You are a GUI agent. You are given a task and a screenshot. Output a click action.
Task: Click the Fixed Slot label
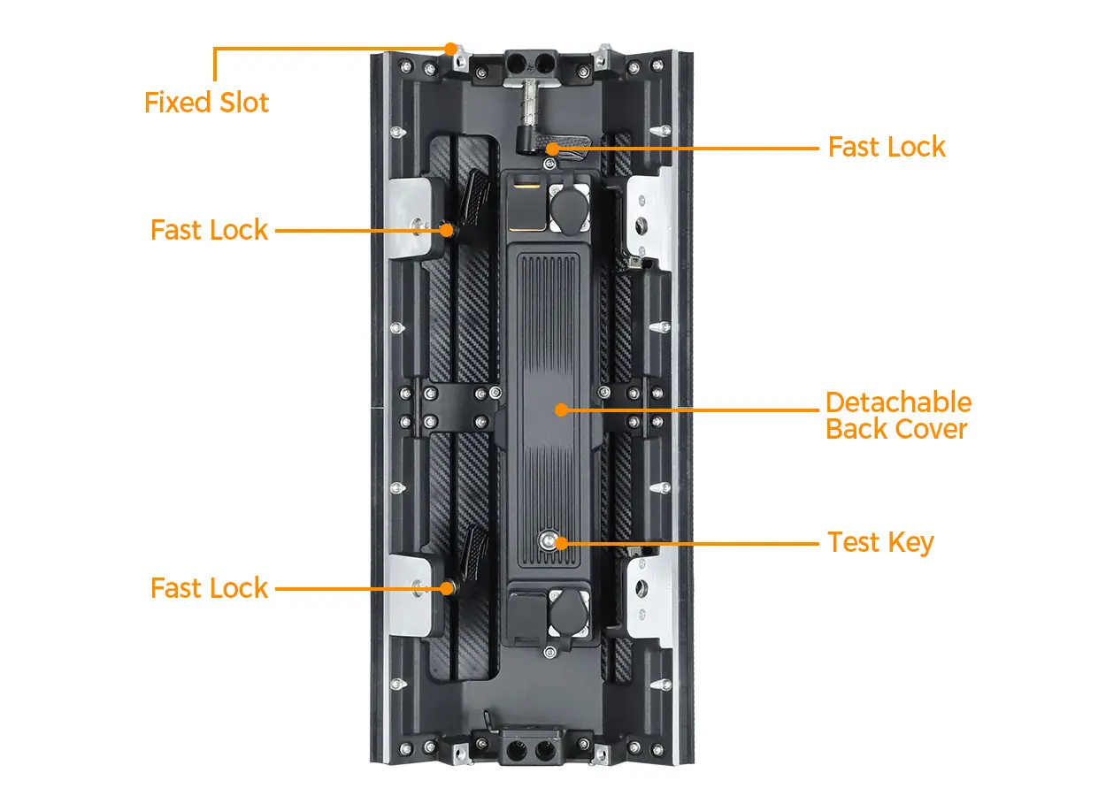[206, 103]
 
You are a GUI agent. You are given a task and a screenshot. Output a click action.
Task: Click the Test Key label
[880, 542]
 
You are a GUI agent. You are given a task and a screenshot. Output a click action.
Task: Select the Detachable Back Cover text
[898, 416]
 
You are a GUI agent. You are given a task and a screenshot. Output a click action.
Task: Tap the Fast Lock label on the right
[887, 147]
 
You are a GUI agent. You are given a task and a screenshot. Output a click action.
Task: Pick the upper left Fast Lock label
[209, 230]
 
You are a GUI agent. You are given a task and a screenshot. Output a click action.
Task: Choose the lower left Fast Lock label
[209, 588]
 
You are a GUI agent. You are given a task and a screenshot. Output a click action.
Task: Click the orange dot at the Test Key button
[560, 542]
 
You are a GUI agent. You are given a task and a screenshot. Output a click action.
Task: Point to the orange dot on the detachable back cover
[560, 409]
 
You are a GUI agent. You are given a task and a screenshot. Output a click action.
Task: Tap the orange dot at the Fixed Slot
[451, 48]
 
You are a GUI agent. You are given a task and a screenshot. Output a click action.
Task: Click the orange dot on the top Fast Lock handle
[552, 148]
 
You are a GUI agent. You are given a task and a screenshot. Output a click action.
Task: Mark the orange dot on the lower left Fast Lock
[449, 588]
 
